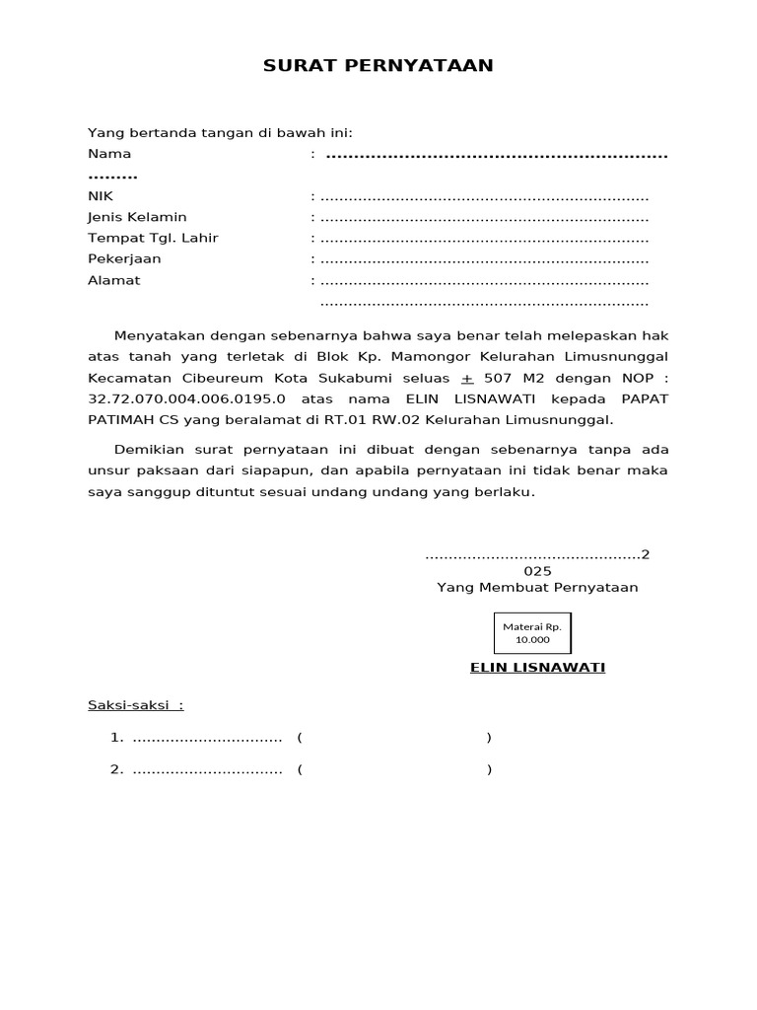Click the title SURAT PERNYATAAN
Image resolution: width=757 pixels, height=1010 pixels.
pyautogui.click(x=378, y=66)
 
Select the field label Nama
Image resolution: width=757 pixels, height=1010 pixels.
pyautogui.click(x=109, y=154)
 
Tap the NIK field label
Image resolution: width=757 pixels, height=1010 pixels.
pyautogui.click(x=101, y=196)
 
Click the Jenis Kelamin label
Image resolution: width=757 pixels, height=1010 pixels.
pyautogui.click(x=137, y=217)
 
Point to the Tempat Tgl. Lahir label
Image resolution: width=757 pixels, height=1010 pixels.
pyautogui.click(x=153, y=238)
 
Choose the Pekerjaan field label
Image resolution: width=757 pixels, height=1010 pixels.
pyautogui.click(x=124, y=258)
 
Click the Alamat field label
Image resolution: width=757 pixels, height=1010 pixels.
pyautogui.click(x=114, y=280)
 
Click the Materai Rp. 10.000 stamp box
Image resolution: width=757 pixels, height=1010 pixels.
pyautogui.click(x=531, y=633)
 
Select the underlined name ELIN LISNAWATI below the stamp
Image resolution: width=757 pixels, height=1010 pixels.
pyautogui.click(x=537, y=668)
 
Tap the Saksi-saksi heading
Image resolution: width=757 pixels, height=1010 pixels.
pyautogui.click(x=135, y=705)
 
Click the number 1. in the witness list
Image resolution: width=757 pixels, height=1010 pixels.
pyautogui.click(x=116, y=738)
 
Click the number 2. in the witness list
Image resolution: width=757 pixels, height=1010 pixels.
pyautogui.click(x=116, y=769)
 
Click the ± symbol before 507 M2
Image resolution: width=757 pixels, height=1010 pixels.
pyautogui.click(x=467, y=378)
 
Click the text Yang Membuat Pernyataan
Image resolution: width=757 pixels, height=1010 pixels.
pyautogui.click(x=537, y=587)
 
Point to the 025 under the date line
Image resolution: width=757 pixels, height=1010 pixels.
pyautogui.click(x=537, y=571)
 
